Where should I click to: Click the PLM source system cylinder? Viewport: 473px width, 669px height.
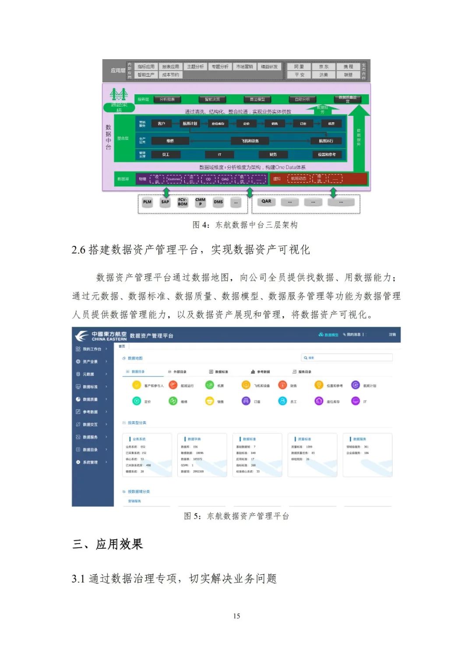click(x=147, y=202)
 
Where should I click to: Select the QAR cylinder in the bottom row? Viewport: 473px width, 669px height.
click(x=266, y=202)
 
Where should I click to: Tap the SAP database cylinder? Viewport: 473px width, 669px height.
click(x=165, y=202)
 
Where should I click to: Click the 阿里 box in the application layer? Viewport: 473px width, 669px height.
click(x=299, y=67)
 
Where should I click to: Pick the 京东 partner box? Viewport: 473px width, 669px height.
click(x=324, y=67)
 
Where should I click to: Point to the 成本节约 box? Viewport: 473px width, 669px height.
click(x=170, y=75)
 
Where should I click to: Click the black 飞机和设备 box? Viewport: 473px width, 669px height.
click(x=250, y=141)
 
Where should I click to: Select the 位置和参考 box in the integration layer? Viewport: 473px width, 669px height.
click(x=327, y=154)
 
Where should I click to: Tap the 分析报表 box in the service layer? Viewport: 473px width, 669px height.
click(x=167, y=100)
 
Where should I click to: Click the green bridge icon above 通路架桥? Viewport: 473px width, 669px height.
click(x=119, y=94)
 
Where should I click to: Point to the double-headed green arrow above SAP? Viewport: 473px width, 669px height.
click(x=166, y=192)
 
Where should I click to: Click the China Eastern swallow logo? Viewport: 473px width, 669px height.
click(x=81, y=336)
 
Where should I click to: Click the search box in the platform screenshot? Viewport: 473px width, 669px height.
click(x=346, y=358)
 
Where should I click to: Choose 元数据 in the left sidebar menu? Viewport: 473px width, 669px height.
click(x=88, y=374)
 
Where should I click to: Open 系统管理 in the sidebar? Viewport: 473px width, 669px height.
click(x=90, y=462)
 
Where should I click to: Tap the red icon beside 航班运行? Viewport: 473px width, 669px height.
click(x=173, y=385)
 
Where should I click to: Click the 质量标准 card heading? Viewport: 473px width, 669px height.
click(x=304, y=439)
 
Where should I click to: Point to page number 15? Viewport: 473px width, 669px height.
click(x=236, y=616)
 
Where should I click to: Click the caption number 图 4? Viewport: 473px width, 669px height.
click(x=201, y=225)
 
